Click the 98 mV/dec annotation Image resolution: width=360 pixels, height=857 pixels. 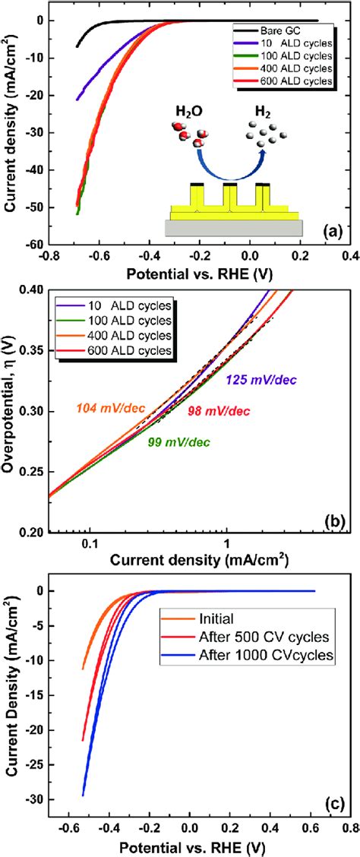pos(219,411)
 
